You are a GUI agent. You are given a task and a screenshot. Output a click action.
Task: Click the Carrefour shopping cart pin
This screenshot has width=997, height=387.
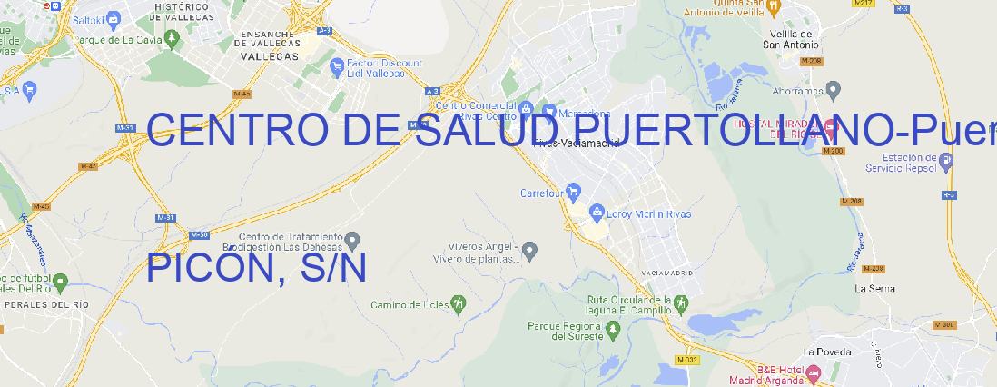pos(574,192)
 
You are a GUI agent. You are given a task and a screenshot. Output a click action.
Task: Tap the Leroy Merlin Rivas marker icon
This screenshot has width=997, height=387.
pos(597,213)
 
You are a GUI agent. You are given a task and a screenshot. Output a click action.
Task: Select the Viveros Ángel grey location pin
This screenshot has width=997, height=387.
pos(532,249)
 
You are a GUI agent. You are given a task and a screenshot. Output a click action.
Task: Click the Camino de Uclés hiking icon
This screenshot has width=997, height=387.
pos(459,303)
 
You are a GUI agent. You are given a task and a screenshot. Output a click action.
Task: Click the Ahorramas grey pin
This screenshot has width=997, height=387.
pos(834,89)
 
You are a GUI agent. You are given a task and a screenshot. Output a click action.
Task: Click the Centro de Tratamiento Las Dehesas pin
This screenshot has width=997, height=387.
pos(353,241)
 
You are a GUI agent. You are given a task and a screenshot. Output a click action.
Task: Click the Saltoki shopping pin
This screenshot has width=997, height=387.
pos(114,17)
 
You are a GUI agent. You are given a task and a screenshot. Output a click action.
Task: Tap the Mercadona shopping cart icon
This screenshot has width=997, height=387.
pos(548,111)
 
